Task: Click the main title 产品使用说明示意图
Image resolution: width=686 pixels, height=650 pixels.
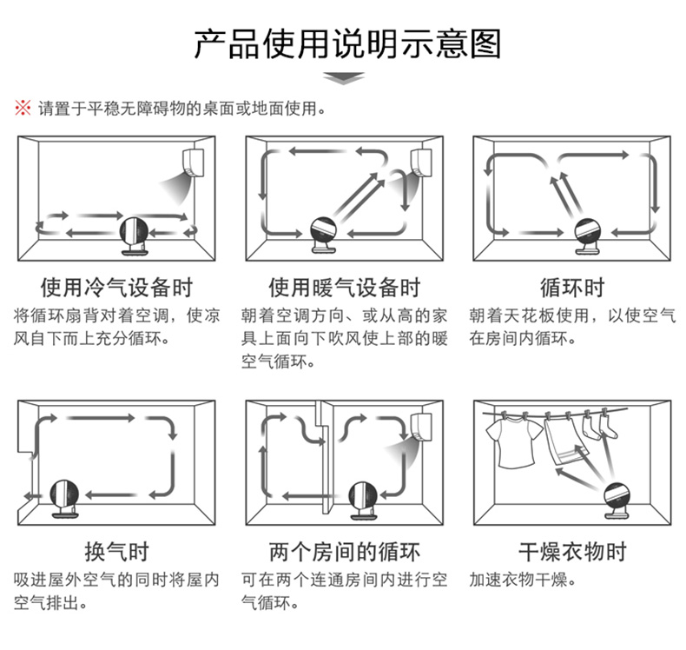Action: [346, 43]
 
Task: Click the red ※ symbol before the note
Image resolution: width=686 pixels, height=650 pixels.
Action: [22, 109]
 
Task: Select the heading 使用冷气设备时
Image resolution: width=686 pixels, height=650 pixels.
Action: [116, 288]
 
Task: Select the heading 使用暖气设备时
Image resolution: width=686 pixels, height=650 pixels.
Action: [344, 288]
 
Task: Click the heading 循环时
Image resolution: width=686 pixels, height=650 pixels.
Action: [571, 288]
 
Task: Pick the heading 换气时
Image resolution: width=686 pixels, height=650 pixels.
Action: [116, 552]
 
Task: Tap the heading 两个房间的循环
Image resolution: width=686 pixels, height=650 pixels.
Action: [344, 552]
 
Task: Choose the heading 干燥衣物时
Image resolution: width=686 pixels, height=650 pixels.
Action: [571, 552]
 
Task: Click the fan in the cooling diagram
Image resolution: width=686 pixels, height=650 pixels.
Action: [135, 235]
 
